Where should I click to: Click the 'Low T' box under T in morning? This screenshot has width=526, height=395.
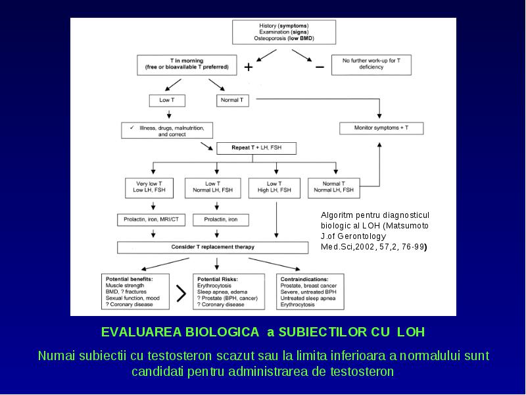pos(167,101)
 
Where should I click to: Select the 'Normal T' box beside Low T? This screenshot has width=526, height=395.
pos(233,101)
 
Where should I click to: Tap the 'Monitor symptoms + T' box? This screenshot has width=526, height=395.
pos(381,128)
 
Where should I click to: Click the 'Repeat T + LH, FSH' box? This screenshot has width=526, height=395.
pos(256,148)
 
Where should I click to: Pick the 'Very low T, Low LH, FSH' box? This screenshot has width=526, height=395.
pos(149,188)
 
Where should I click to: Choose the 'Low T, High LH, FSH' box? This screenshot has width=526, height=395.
pos(274,188)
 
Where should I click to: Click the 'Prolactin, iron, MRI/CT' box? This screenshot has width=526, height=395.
pos(151,220)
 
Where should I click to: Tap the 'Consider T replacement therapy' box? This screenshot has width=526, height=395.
pos(212,248)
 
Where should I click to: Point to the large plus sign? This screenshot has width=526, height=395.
pos(249,67)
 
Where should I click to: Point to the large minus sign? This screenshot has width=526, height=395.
pos(320,67)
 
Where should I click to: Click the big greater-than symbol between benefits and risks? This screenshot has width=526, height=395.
pos(181,293)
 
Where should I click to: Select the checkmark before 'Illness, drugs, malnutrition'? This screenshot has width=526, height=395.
pos(132,128)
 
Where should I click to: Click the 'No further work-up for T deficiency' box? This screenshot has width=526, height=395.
pos(371,65)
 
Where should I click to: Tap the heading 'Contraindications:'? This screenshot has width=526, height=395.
pos(304,279)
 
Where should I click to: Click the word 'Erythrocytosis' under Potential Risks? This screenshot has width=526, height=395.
pos(214,286)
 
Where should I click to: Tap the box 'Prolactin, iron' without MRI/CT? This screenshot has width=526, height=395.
pos(221,220)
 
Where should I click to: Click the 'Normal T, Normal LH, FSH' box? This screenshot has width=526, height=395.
pos(334,188)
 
